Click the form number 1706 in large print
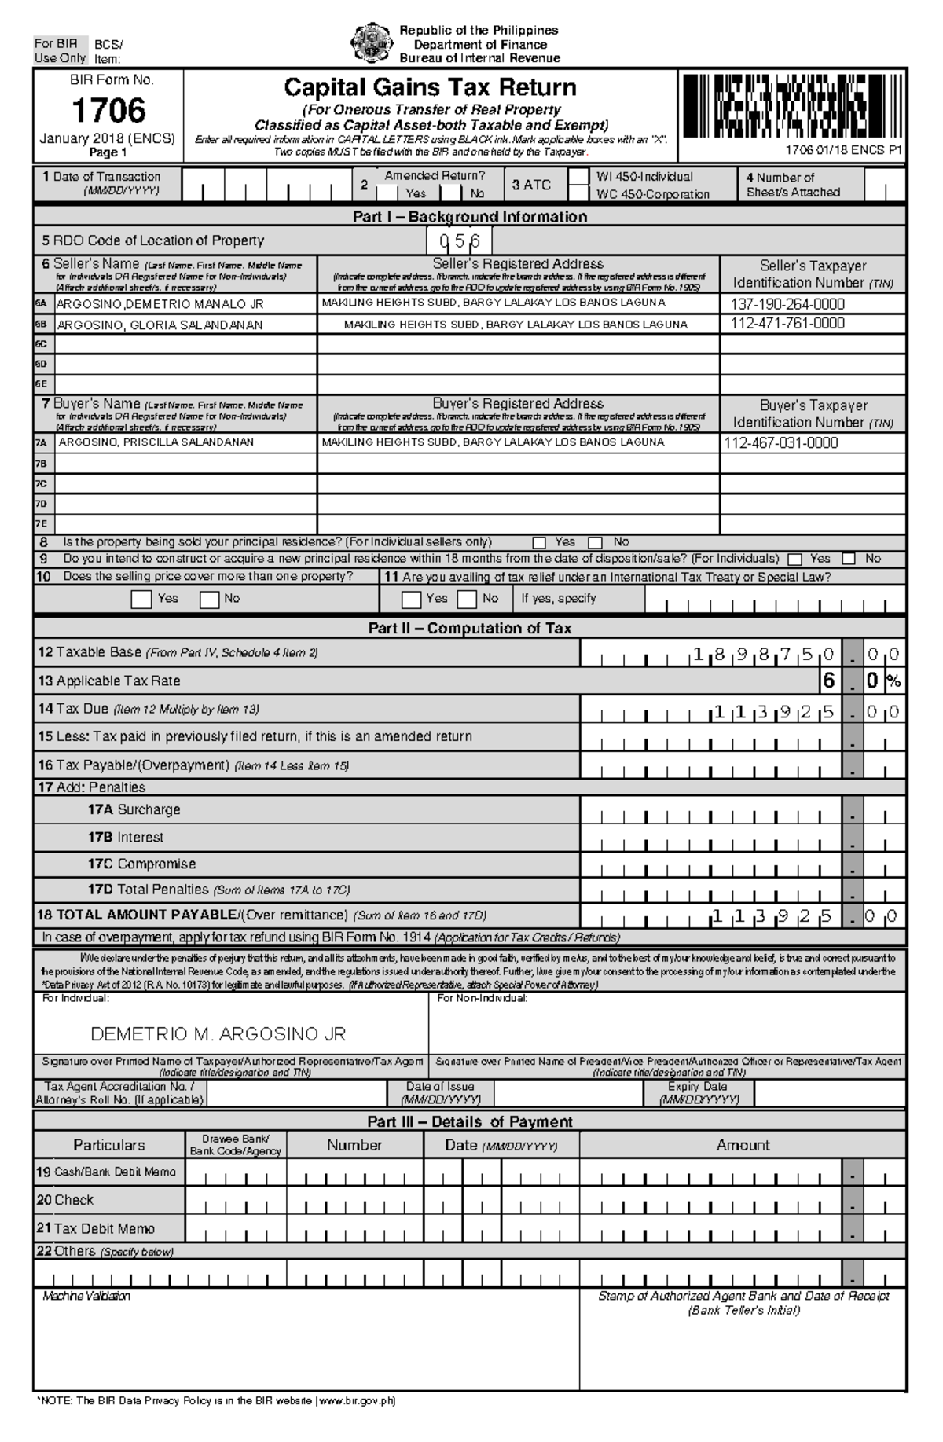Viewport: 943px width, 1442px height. coord(108,111)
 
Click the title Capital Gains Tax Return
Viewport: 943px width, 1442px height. coord(430,86)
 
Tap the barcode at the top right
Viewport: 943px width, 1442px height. coord(789,105)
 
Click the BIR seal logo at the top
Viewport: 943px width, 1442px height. coord(371,42)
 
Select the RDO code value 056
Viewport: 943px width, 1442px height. coord(460,241)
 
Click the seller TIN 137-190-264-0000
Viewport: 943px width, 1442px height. coord(787,304)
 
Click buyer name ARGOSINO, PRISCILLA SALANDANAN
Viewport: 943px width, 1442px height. coord(156,442)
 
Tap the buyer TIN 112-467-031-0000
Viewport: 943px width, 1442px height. coord(781,442)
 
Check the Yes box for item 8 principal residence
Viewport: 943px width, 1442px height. coord(539,542)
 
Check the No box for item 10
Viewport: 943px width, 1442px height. coord(209,600)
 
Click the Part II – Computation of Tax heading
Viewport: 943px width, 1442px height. coord(469,628)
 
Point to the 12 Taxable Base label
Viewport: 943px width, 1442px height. coord(90,652)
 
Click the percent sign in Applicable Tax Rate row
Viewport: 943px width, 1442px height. coord(893,681)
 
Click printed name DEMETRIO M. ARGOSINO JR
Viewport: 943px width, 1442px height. coord(218,1033)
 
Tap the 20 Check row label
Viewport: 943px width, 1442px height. coord(64,1200)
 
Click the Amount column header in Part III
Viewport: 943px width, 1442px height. coord(743,1145)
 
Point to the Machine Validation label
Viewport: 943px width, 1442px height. coord(86,1296)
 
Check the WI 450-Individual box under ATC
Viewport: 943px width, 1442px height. coord(578,177)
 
